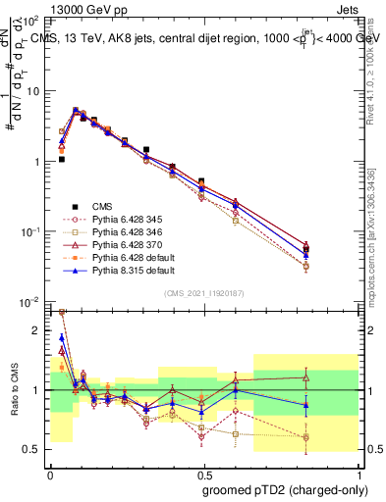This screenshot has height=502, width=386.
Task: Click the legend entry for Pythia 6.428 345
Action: click(120, 220)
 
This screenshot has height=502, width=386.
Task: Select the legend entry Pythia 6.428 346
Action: click(120, 233)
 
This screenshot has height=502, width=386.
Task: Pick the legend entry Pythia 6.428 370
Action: click(120, 246)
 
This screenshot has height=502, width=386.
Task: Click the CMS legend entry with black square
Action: click(103, 206)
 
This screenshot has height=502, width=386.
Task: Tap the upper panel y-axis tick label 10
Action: click(35, 91)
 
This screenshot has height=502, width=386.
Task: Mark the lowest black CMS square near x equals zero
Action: click(61, 159)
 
